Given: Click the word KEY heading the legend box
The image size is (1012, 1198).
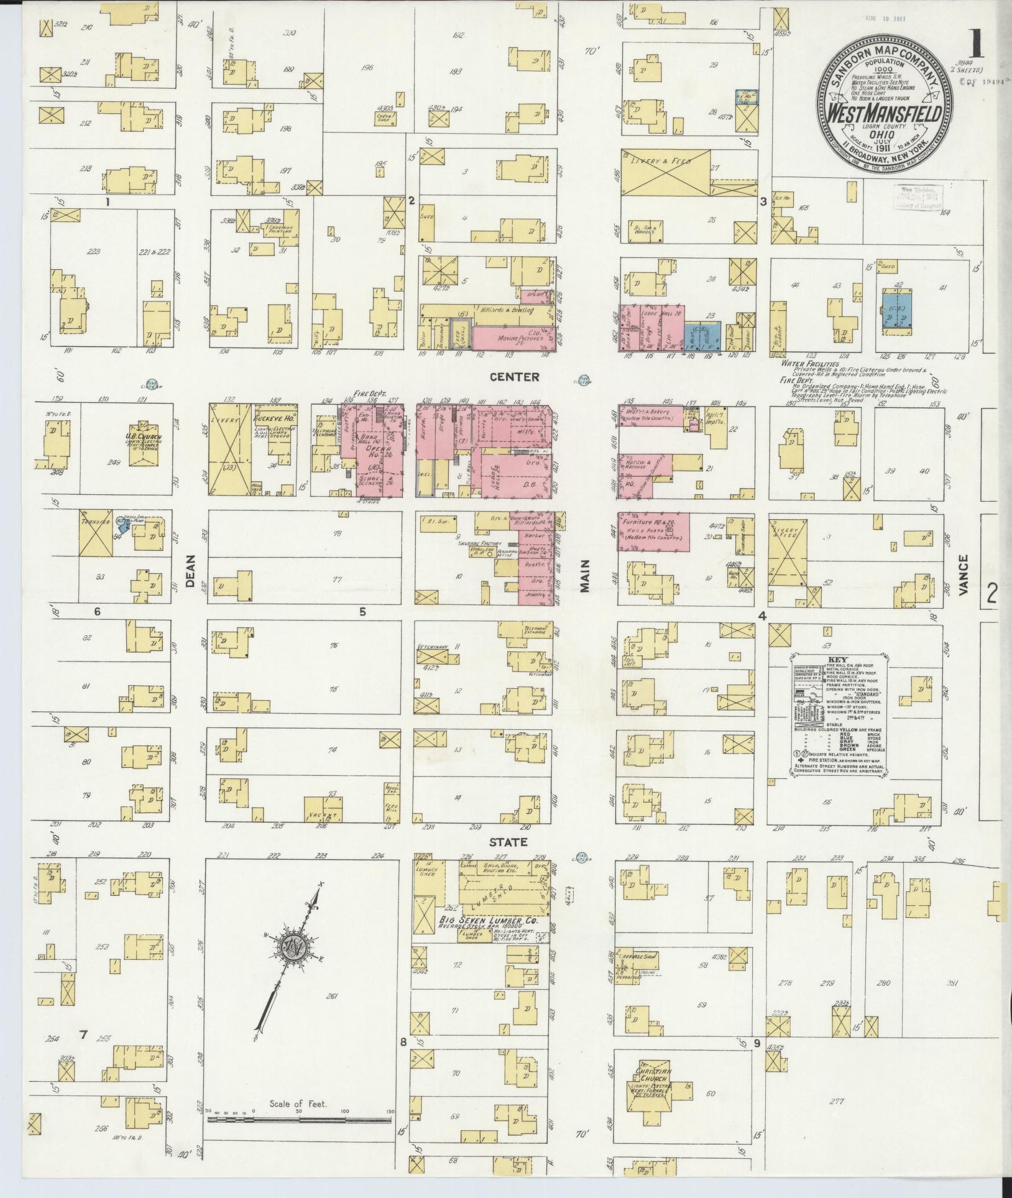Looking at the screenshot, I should (x=837, y=660).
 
